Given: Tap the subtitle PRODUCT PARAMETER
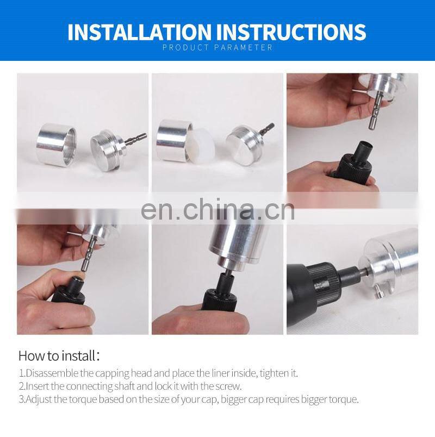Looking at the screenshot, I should coord(217,48).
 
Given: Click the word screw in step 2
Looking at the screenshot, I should coord(229,386).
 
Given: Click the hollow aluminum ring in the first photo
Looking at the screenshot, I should coord(57,145).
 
